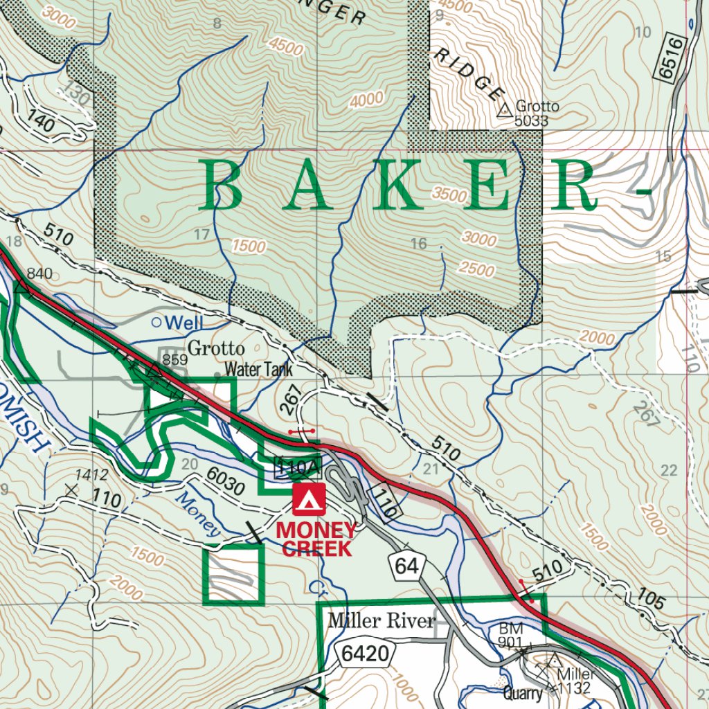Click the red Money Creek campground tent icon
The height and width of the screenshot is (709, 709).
click(x=309, y=500)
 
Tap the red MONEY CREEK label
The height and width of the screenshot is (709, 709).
click(x=317, y=540)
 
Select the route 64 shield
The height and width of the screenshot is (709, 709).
click(x=407, y=566)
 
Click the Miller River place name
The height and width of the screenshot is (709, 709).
click(x=382, y=620)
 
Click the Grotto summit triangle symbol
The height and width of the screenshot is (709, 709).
click(x=504, y=109)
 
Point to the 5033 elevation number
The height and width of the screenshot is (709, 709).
click(x=532, y=121)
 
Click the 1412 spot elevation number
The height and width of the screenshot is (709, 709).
click(x=92, y=475)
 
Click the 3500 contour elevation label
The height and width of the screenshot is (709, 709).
click(x=449, y=195)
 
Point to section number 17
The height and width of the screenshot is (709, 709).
click(x=201, y=235)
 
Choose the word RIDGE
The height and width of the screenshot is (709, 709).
click(x=467, y=75)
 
